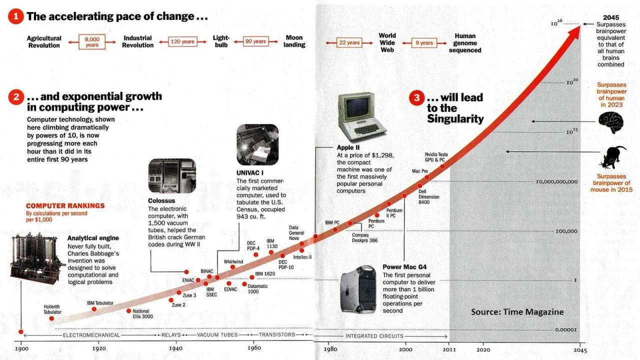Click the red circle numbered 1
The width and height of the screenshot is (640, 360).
click(16, 16)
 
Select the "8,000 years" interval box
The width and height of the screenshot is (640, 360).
click(92, 41)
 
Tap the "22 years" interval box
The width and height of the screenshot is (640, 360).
click(349, 42)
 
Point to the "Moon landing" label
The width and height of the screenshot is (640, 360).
click(294, 41)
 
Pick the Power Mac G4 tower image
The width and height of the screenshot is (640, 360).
click(358, 289)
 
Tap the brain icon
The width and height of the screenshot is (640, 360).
click(611, 121)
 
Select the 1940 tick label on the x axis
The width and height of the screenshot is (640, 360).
click(175, 348)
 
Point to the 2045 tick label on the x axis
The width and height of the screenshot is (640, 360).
click(579, 350)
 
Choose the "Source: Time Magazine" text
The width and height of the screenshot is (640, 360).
click(517, 312)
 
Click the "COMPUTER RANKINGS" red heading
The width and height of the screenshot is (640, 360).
click(65, 205)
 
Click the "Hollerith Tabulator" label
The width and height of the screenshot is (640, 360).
click(52, 309)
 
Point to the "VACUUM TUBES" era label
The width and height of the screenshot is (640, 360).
click(217, 335)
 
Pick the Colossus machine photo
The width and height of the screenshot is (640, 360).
click(172, 176)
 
